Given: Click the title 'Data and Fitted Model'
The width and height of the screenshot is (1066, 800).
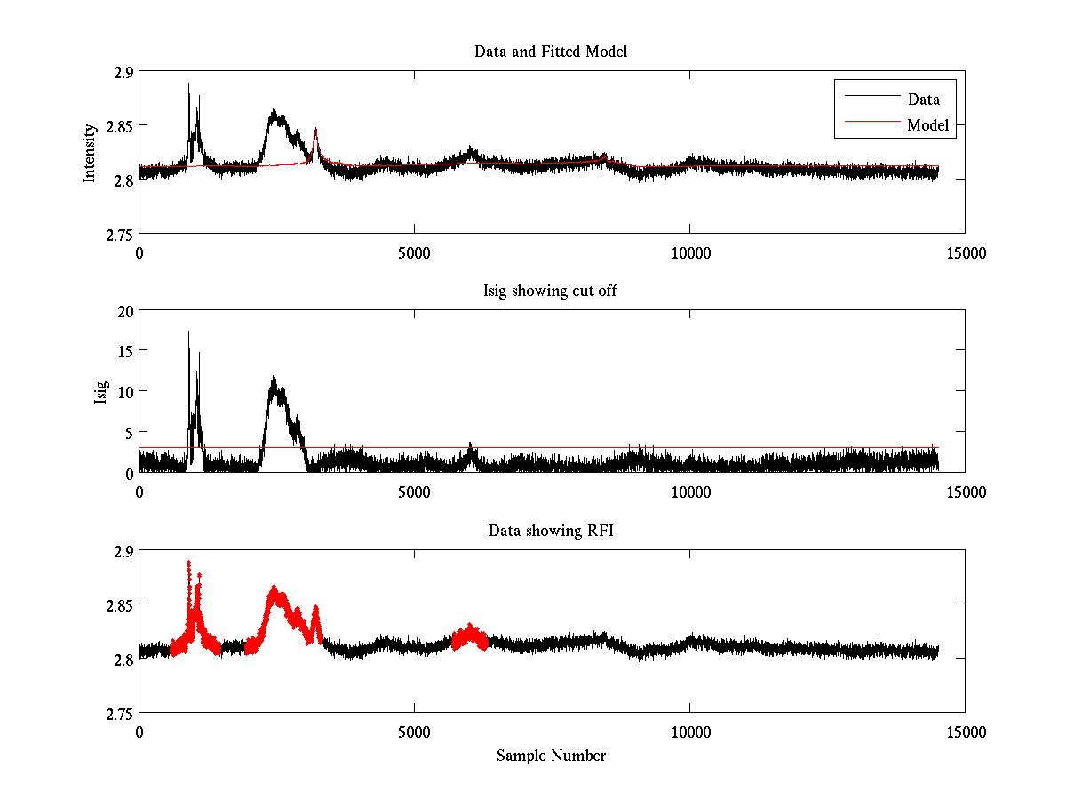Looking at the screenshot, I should pos(551,52).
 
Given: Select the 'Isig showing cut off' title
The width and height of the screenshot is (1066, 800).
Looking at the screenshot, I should pos(551,292).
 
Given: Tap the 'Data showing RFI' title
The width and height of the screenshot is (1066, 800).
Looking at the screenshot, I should pos(551,531).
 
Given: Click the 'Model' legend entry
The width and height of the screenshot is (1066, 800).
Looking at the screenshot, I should pos(927,125).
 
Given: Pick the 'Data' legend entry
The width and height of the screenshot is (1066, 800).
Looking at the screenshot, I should pos(924,100).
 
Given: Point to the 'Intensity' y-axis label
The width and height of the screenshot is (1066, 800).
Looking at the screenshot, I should pos(90,153).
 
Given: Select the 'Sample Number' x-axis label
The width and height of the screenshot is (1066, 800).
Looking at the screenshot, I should pos(551,756).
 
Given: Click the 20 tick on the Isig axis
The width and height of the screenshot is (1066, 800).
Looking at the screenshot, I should pos(124,310).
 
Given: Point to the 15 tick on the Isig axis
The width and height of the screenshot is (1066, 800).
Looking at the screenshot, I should pos(124,351).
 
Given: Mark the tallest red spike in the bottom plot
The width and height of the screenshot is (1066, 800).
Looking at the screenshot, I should pos(188,564).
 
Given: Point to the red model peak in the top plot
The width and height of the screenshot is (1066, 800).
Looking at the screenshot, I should pos(315,131).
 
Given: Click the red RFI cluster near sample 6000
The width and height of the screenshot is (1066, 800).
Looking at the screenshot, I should pos(470,636).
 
